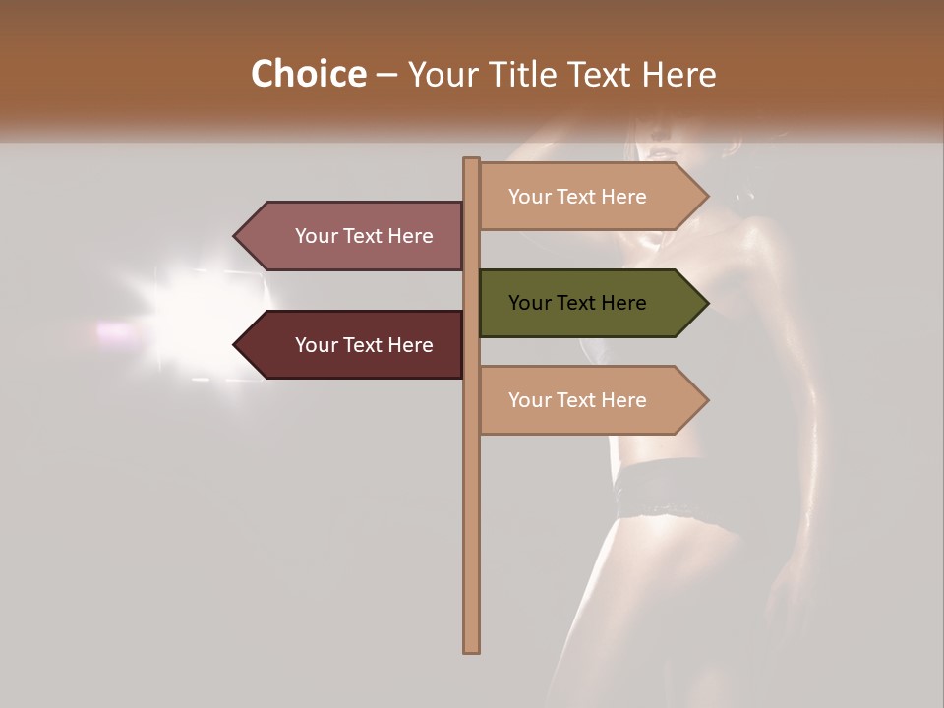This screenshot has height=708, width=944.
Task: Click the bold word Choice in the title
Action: (x=308, y=75)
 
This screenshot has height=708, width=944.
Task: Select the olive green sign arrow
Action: (x=580, y=303)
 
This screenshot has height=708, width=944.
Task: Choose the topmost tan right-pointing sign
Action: (x=580, y=197)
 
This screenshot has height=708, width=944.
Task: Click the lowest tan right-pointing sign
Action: (x=580, y=400)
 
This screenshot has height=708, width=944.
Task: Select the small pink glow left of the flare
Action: (x=116, y=331)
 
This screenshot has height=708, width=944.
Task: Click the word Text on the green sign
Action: (x=577, y=303)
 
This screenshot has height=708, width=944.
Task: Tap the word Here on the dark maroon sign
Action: (x=410, y=345)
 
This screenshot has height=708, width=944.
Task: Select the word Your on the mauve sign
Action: (x=315, y=236)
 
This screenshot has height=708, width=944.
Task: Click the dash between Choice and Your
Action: (x=386, y=76)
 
